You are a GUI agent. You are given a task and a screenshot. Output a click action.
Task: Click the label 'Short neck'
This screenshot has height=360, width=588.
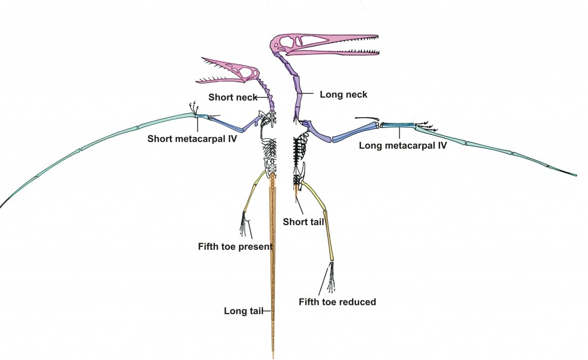pos(232,97)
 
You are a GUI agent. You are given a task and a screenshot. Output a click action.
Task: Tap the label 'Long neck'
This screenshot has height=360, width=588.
pos(335,94)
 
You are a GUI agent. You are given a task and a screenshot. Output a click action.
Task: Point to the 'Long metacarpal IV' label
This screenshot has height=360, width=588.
pos(403,146)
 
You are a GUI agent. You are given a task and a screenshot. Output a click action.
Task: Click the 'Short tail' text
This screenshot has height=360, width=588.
pos(305,222)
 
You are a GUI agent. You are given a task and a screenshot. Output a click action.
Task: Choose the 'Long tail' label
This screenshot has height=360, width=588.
pos(243,312)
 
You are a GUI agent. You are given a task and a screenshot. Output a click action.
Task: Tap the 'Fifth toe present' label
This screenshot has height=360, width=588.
pos(234,246)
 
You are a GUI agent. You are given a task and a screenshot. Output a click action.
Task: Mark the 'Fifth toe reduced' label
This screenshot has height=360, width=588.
pos(337,302)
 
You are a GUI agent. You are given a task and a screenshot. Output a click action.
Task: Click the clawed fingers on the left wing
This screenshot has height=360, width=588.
pos(194,109)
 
